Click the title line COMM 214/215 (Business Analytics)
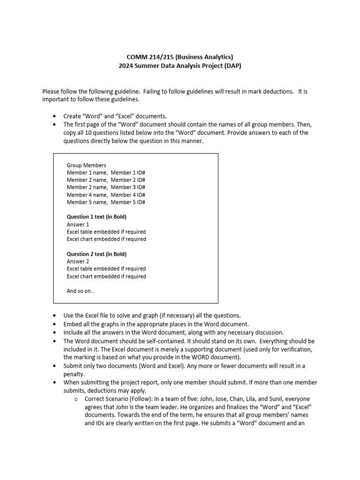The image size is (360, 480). [x=180, y=57]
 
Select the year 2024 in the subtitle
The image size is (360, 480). [x=126, y=66]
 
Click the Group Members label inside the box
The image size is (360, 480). [x=86, y=165]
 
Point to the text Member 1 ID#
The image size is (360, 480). [x=128, y=173]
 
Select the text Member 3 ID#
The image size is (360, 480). [x=128, y=187]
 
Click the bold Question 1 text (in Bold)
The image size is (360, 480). [x=97, y=217]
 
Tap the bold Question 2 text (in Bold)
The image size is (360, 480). [x=97, y=254]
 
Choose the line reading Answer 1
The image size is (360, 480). [x=78, y=225]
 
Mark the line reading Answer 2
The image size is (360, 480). [x=78, y=262]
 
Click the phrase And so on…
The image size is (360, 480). [x=81, y=291]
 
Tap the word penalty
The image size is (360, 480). [x=74, y=375]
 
